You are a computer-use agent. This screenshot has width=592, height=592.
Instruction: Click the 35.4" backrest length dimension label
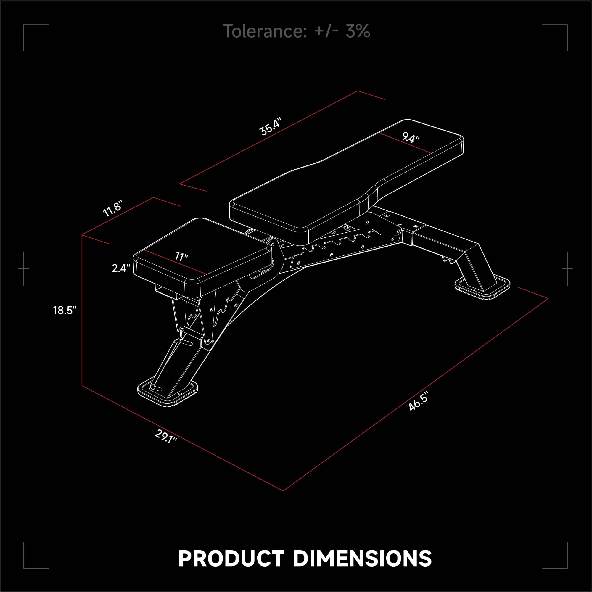tap(270, 126)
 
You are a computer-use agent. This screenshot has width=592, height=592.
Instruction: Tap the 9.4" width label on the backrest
tap(411, 138)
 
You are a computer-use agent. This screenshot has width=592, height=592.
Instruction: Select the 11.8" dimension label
tap(113, 208)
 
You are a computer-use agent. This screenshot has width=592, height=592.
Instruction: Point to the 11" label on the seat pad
tap(181, 256)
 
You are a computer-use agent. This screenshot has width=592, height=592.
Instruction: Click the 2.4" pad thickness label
tap(121, 268)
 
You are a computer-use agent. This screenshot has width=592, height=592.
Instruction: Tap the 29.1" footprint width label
tap(166, 436)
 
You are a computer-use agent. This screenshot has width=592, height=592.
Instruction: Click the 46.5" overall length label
tap(418, 402)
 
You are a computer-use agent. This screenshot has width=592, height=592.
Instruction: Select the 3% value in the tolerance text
tap(358, 31)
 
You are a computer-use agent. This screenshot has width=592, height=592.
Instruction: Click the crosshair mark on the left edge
tap(24, 269)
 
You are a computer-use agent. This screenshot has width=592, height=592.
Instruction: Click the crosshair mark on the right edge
tap(567, 269)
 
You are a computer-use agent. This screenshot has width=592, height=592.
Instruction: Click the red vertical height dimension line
tap(82, 310)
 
